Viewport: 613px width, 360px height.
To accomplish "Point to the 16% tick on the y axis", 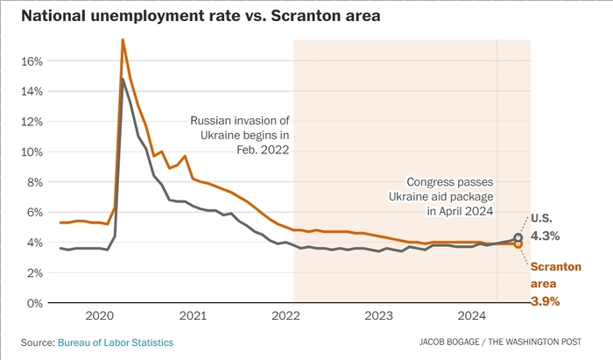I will pos(32,61).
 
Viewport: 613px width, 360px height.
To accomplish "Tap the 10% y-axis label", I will pos(32,152).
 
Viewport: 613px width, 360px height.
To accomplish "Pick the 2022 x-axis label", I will pos(285,315).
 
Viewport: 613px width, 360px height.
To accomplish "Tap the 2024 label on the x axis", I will pos(473,315).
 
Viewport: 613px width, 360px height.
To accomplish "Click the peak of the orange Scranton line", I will pos(123,39).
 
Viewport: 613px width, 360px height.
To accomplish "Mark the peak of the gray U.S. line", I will pos(123,80).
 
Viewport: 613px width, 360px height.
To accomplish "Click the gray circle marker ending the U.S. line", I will pos(518,237).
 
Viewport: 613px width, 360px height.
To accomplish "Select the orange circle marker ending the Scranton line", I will pos(518,244).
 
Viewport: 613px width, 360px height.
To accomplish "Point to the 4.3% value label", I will pos(545,236).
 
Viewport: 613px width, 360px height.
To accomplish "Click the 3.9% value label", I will pos(545,301).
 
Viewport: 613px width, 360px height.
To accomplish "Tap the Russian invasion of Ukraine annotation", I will pos(240,135).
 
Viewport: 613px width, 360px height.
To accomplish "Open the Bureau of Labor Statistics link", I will pos(116,342).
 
